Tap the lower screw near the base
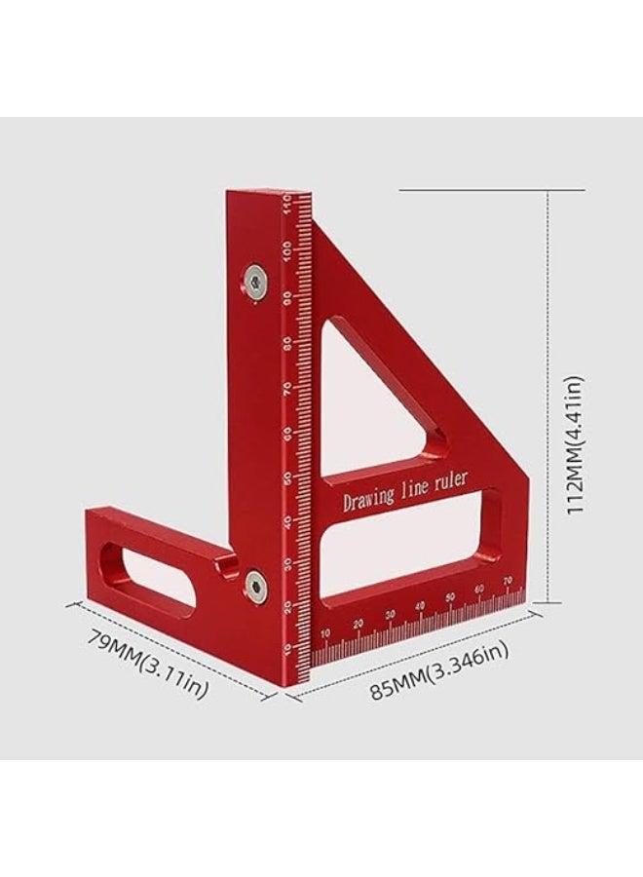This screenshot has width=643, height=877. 256,584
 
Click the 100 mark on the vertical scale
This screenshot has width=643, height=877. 289,249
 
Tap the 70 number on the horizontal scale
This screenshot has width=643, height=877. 508,581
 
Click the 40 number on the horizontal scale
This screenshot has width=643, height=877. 420,606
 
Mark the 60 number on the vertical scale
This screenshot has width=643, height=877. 289,433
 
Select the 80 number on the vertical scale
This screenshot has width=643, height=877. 289,342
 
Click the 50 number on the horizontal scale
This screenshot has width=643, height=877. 450,596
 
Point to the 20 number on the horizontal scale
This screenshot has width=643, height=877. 358,625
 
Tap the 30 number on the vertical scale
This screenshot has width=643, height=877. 288,564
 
